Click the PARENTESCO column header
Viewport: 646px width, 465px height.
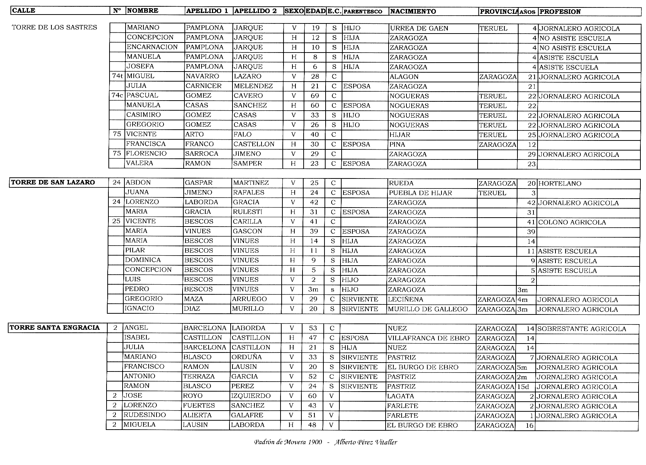[x=362, y=12]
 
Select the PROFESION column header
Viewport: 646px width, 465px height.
[x=560, y=12]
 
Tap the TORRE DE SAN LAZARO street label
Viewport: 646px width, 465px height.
[x=53, y=183]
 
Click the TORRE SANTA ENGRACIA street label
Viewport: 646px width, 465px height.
[x=55, y=328]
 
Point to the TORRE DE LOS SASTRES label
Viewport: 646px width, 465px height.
[x=54, y=27]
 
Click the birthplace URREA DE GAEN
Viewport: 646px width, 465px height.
[x=419, y=28]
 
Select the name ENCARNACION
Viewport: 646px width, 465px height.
[x=152, y=47]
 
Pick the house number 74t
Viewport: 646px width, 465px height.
[x=117, y=76]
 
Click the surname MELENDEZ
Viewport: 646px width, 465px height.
[x=253, y=86]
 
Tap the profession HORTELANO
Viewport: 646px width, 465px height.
[x=560, y=184]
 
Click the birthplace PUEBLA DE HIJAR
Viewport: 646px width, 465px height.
[x=420, y=193]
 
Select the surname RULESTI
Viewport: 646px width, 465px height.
[x=247, y=212]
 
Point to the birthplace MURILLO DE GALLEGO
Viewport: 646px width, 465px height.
[x=427, y=309]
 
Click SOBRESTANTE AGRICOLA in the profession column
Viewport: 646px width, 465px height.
[x=581, y=329]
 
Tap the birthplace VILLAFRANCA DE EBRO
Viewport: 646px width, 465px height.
[x=428, y=338]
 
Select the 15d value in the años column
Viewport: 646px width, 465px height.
[x=523, y=387]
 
